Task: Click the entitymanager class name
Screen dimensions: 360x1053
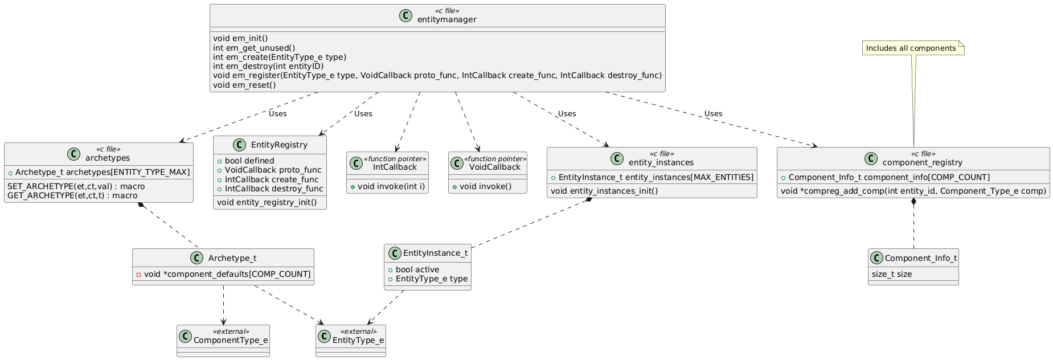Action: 446,20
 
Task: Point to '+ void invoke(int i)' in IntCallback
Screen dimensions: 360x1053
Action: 387,186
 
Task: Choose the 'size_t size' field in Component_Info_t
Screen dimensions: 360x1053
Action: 891,274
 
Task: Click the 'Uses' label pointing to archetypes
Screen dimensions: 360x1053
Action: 277,113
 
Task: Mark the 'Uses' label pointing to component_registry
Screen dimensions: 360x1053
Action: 713,113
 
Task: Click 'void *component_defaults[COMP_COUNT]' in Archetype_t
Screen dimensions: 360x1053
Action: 227,274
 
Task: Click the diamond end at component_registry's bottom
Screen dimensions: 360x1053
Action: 913,201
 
